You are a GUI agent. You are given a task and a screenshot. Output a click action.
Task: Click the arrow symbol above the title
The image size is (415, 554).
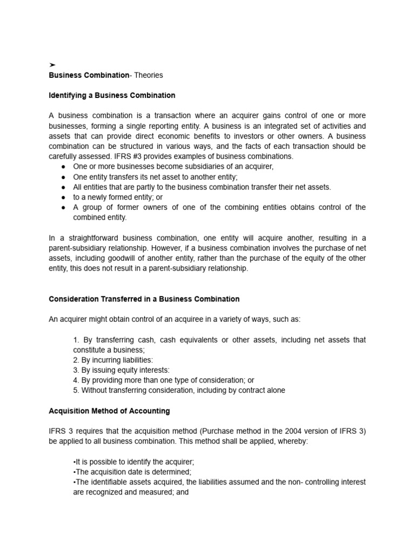[52, 65]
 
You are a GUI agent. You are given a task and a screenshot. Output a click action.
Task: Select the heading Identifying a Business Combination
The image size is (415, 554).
[112, 95]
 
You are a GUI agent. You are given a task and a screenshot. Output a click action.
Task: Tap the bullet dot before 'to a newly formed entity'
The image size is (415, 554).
[63, 197]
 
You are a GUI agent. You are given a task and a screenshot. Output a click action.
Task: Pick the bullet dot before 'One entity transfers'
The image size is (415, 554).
[63, 177]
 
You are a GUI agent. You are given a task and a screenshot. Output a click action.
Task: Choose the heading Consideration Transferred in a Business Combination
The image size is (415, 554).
[144, 299]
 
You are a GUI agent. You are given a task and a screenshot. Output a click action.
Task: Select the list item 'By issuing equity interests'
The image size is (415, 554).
[121, 370]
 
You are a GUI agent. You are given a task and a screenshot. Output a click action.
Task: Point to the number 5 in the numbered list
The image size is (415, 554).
[75, 390]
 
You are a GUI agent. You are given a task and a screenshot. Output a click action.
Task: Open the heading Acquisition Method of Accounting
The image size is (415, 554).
[109, 411]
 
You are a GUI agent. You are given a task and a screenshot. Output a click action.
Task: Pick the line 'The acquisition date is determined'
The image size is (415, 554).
[132, 472]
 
